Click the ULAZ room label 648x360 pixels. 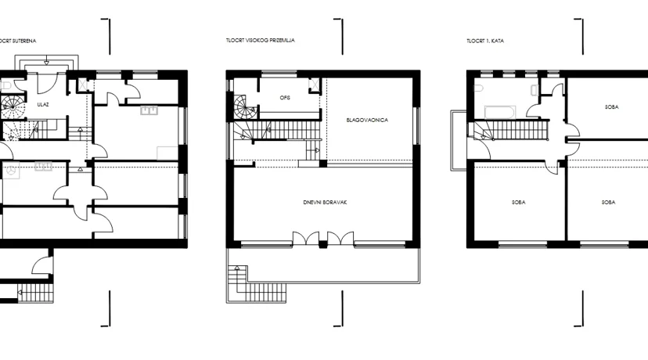tap(43, 105)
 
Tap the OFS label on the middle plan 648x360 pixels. tap(285, 98)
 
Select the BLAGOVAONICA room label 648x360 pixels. tap(367, 121)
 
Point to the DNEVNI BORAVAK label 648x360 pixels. tap(325, 203)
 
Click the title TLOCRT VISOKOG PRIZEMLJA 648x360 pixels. tap(261, 41)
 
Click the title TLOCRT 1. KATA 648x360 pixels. tap(485, 41)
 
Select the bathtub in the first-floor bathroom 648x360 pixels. tap(500, 112)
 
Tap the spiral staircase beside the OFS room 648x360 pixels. tap(245, 107)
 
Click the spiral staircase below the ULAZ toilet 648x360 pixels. tap(13, 106)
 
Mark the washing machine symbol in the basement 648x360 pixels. tap(11, 171)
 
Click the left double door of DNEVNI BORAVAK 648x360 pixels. tap(306, 239)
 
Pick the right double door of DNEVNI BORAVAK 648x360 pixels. tap(340, 239)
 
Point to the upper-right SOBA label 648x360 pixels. tap(612, 107)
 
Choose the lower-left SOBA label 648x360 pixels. tap(519, 203)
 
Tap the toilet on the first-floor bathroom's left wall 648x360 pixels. tap(478, 88)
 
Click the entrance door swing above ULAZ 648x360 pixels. tap(46, 84)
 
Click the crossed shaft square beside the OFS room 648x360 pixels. tap(314, 85)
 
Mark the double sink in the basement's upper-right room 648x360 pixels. tap(149, 110)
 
